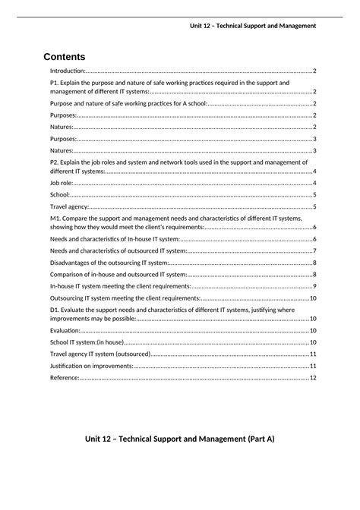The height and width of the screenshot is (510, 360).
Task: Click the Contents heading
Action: (65, 57)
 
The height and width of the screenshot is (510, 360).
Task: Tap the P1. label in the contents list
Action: (55, 82)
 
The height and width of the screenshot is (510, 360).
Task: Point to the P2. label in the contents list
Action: (55, 162)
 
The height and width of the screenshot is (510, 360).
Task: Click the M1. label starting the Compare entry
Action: (55, 218)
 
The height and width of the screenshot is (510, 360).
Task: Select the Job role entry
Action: (62, 183)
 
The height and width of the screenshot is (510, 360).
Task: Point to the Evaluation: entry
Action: (65, 331)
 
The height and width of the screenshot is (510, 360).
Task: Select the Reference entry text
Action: (65, 377)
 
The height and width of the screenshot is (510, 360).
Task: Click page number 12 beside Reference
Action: (313, 377)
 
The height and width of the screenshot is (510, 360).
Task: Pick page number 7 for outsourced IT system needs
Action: (314, 250)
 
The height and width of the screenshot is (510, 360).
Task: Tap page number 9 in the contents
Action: (314, 286)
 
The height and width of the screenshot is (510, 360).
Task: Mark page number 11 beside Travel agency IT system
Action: (313, 354)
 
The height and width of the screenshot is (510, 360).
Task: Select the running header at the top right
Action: (253, 26)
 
